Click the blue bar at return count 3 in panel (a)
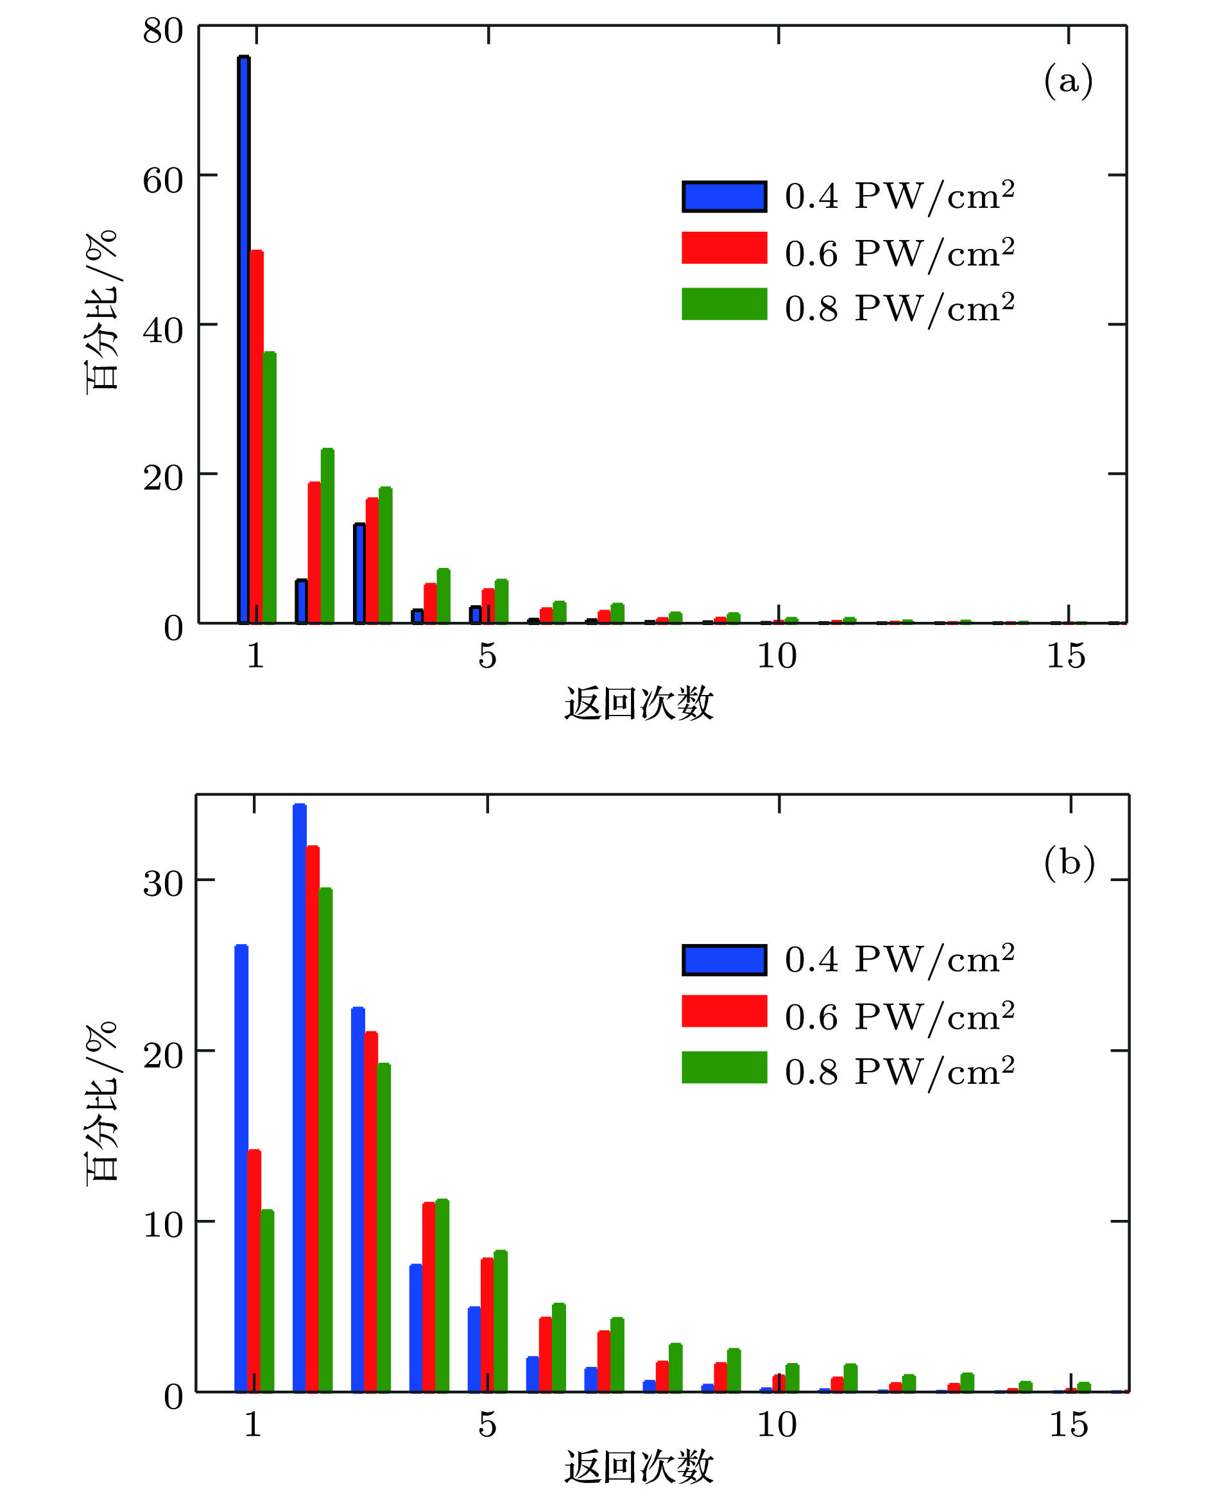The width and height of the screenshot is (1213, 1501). point(359,572)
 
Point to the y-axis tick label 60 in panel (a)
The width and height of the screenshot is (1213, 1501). point(163,180)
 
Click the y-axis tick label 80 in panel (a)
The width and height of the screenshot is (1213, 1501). point(163,31)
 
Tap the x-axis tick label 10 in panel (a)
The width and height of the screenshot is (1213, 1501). point(777,656)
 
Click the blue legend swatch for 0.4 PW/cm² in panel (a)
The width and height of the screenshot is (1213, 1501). point(724,196)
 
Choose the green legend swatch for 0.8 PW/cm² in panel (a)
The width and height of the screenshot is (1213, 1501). point(724,304)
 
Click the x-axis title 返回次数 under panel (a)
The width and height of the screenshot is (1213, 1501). point(639,703)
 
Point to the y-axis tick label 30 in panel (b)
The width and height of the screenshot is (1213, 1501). point(163,884)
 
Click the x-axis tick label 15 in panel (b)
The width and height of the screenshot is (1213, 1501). point(1069,1425)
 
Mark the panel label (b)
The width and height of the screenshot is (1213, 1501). point(1069,862)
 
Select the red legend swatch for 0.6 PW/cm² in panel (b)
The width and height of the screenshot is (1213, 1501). point(724,1011)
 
